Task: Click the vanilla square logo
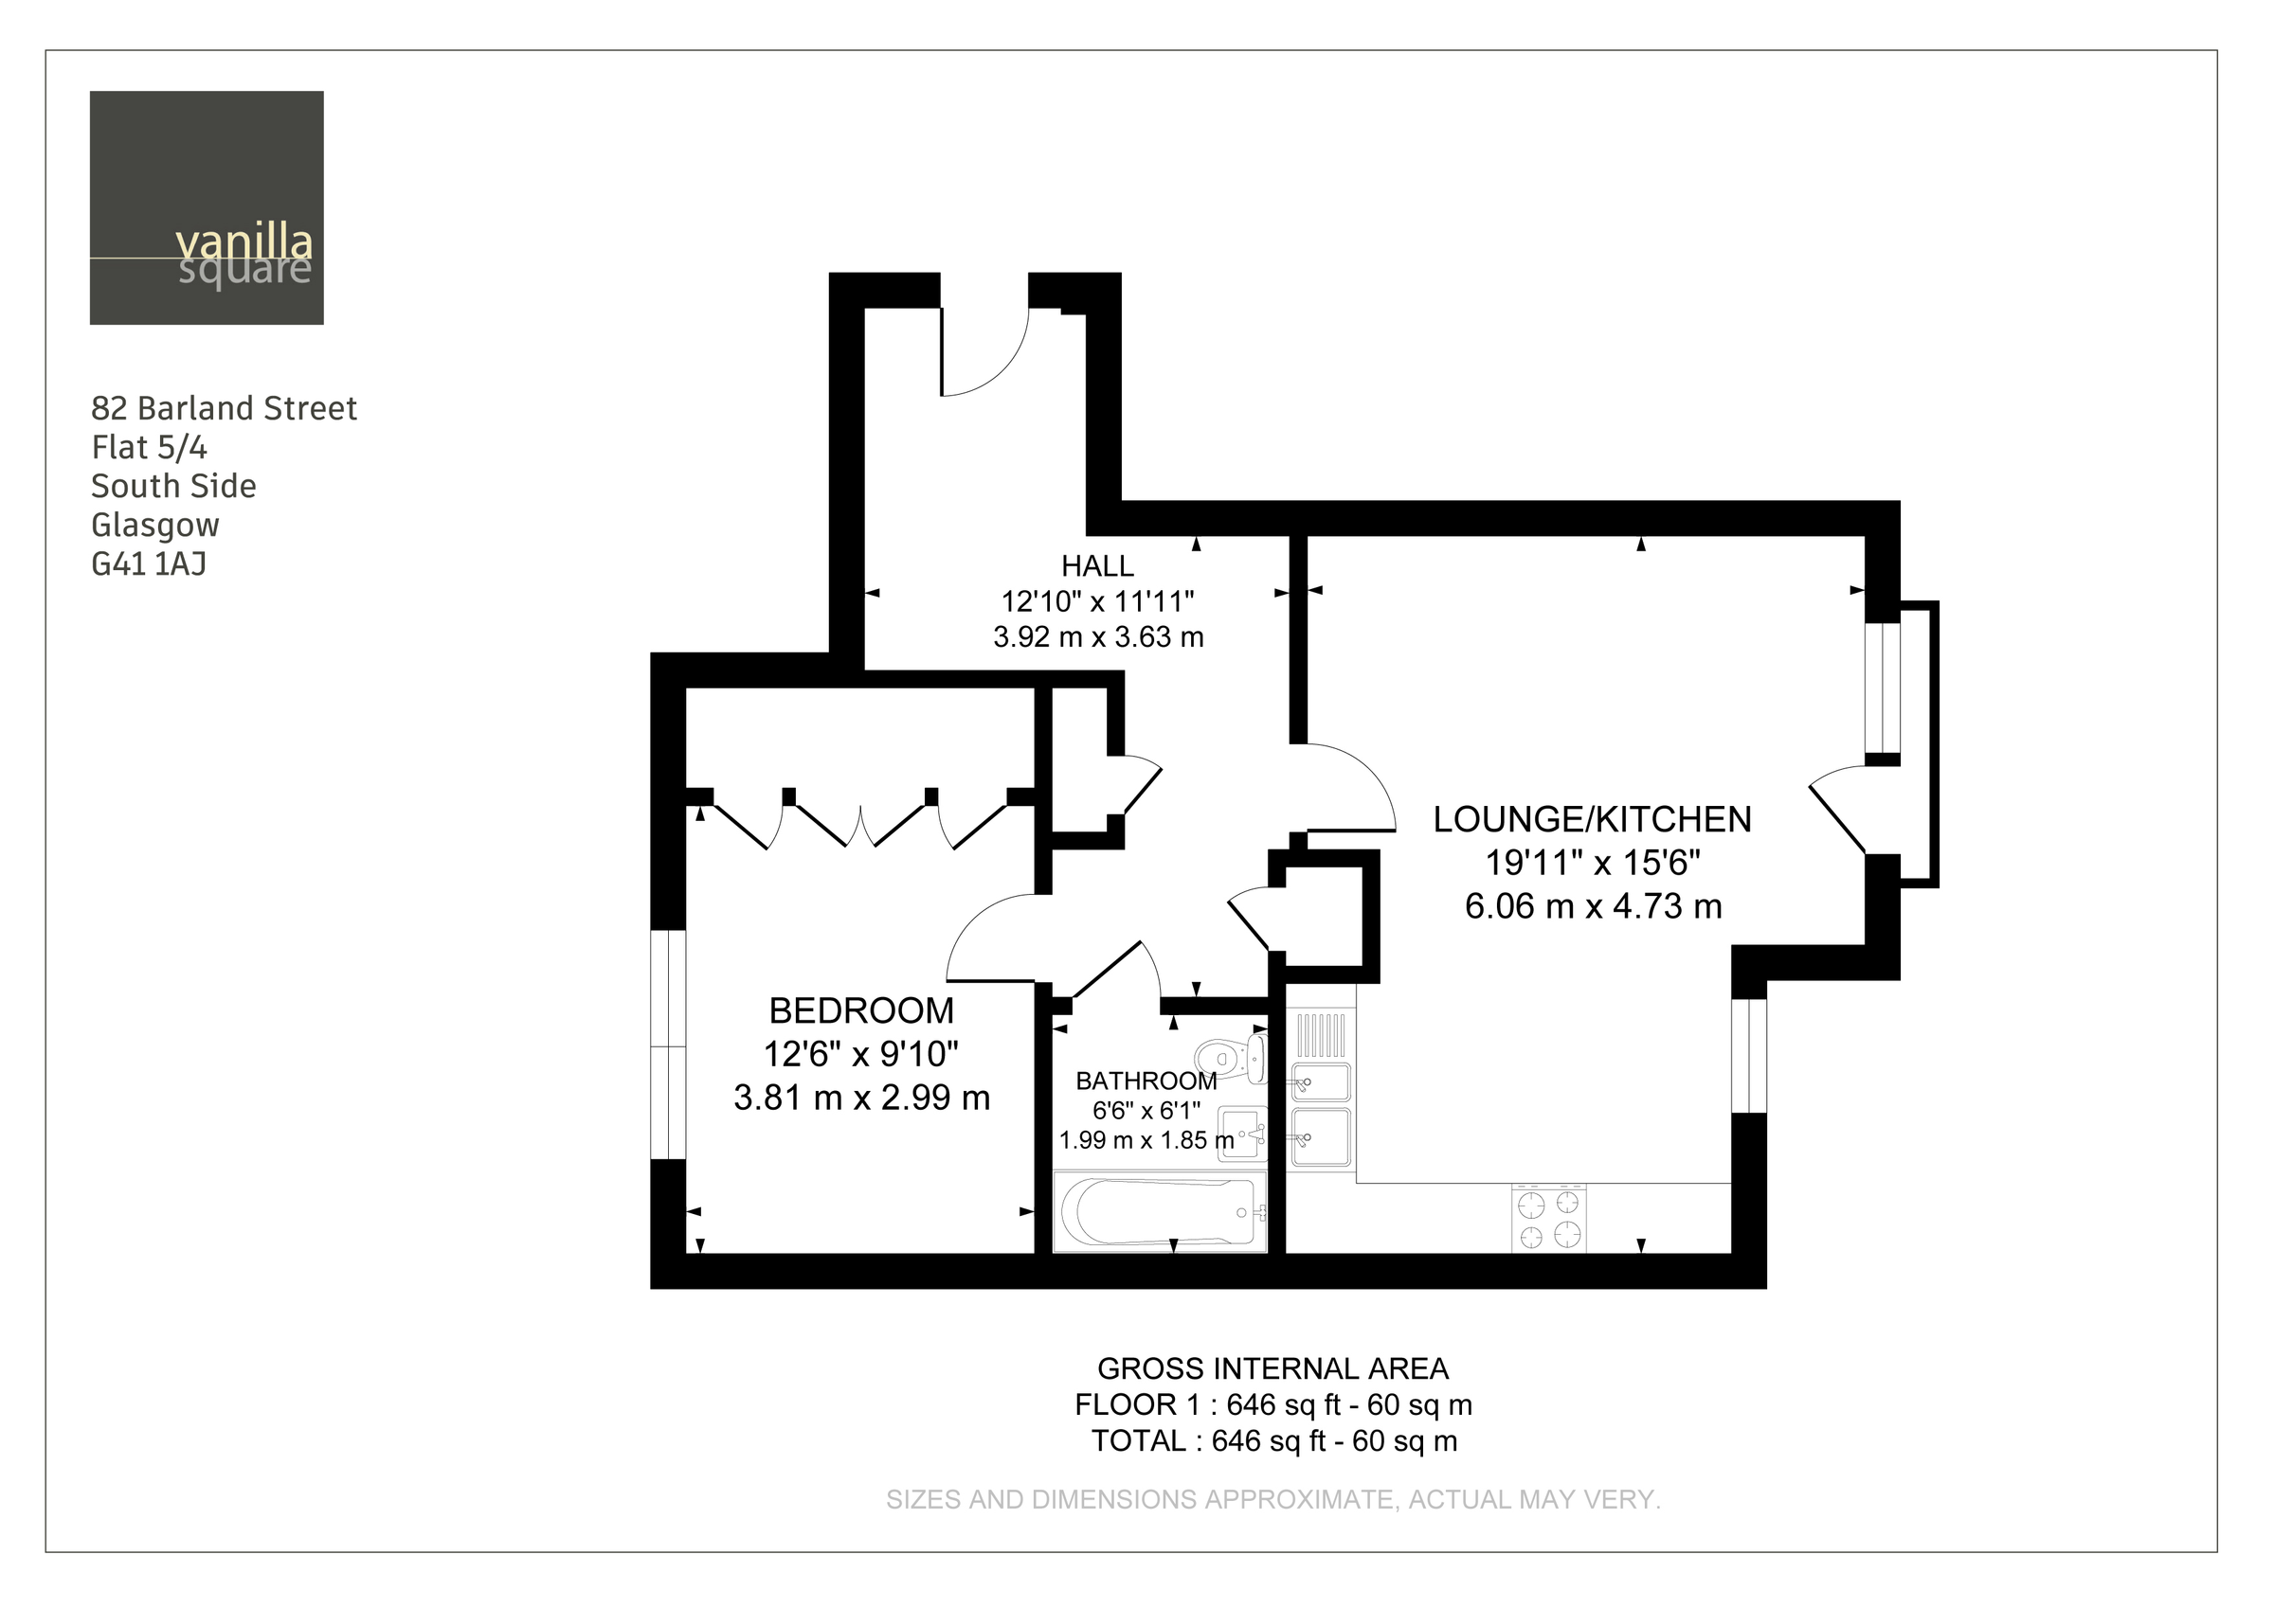(206, 208)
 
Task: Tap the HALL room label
(1097, 566)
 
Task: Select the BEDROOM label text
(861, 1011)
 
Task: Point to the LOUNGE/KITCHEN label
(1593, 820)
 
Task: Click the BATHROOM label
(1146, 1081)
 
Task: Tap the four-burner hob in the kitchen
(1549, 1218)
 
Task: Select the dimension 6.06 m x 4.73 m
(1594, 906)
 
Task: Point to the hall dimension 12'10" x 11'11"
(1097, 601)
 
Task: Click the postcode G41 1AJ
(149, 564)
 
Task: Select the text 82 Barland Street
(224, 408)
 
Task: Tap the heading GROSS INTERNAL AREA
(1272, 1368)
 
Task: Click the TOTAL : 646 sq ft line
(1274, 1440)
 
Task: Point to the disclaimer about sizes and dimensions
(1273, 1500)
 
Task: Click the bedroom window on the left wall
(668, 1044)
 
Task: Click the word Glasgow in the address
(155, 526)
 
